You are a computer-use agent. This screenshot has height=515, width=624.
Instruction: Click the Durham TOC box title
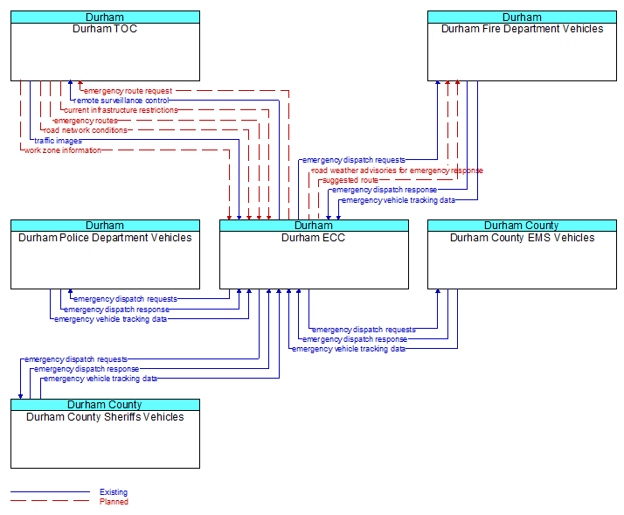(x=105, y=29)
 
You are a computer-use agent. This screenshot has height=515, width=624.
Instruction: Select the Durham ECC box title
(x=313, y=237)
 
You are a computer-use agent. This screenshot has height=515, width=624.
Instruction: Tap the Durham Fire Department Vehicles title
(x=522, y=29)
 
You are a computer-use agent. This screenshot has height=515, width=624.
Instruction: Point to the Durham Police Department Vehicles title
(x=105, y=237)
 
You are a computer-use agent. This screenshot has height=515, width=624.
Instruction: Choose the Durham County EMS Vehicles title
(x=522, y=237)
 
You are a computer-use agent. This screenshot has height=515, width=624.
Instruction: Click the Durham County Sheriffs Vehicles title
(x=105, y=416)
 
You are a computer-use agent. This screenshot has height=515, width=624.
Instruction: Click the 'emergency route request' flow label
(x=128, y=91)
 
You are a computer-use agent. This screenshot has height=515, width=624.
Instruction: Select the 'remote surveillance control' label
(x=121, y=101)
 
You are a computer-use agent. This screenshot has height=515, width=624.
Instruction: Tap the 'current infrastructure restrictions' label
(x=121, y=110)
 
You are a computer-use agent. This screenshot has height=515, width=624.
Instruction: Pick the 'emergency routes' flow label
(x=86, y=121)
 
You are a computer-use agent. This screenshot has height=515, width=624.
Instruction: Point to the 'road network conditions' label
(x=86, y=130)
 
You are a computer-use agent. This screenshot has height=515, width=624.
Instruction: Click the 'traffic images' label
(x=58, y=140)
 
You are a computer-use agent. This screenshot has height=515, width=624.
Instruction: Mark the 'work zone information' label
(x=62, y=150)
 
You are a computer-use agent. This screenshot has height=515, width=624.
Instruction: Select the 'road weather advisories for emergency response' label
(x=397, y=171)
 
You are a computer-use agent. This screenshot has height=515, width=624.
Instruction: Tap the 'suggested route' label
(x=350, y=180)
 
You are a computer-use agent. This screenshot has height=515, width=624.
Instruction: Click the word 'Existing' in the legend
(x=114, y=492)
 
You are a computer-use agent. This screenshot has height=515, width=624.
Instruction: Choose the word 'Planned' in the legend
(x=114, y=502)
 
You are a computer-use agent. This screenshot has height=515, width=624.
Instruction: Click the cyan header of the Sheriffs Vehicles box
(x=105, y=405)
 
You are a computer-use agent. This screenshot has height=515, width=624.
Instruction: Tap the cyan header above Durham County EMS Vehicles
(x=522, y=226)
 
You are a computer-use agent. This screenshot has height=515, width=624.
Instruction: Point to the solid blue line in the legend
(x=50, y=492)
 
